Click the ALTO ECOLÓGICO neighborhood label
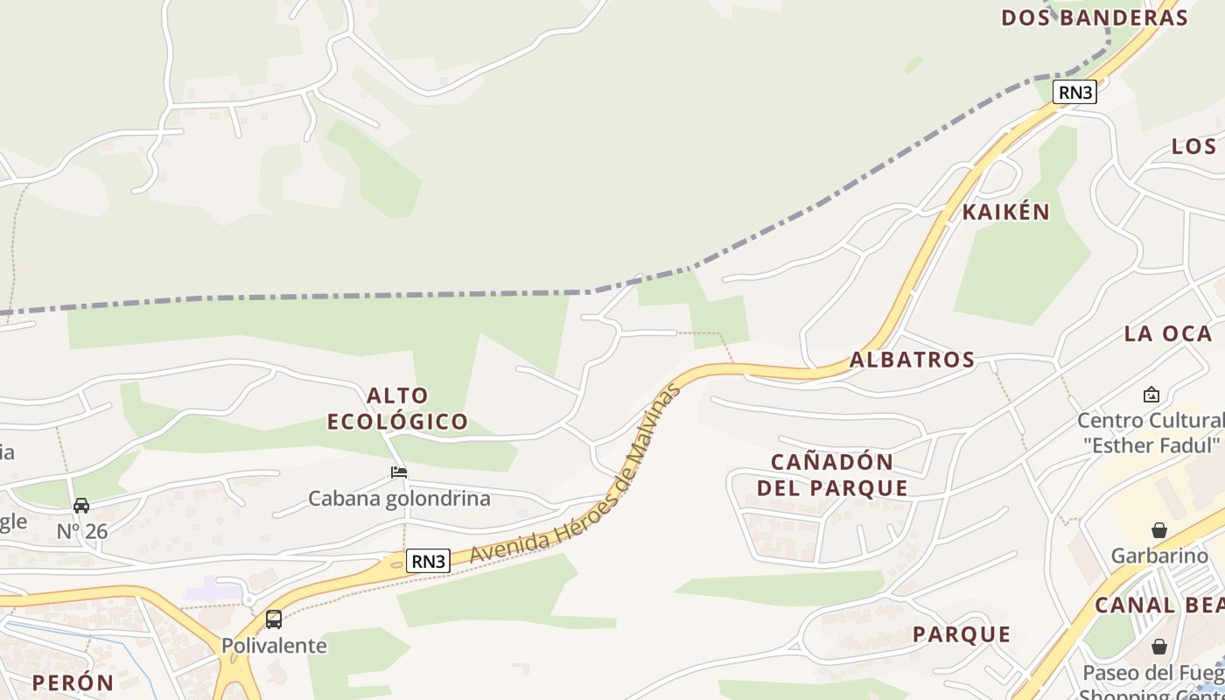[398, 409]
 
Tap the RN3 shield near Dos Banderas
[1074, 92]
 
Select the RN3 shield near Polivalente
[428, 561]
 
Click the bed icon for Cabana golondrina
[399, 472]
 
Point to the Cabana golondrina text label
[399, 499]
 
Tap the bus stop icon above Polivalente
[274, 619]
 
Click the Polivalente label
[274, 646]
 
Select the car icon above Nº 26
[81, 506]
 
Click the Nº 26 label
[81, 531]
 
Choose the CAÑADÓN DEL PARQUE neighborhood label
[831, 475]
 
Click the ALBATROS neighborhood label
[912, 360]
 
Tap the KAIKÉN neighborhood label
[1005, 212]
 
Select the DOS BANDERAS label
[1095, 17]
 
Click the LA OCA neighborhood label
[1168, 333]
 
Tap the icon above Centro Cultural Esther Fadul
[1151, 395]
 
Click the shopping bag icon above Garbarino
[1159, 530]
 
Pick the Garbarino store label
[1159, 556]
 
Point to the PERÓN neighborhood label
[73, 682]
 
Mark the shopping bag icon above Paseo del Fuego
[1159, 647]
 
